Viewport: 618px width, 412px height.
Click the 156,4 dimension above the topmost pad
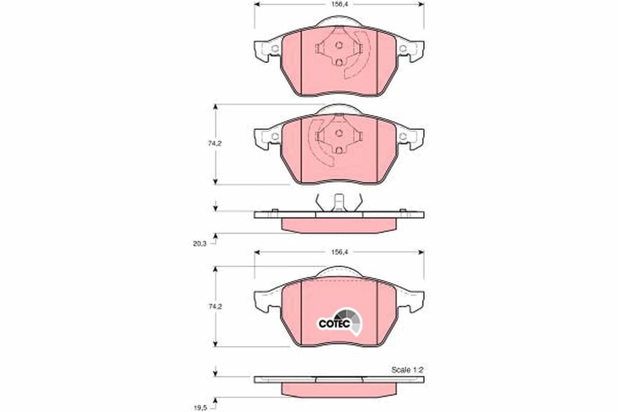(x=339, y=3)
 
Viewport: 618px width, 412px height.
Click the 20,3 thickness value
(x=200, y=243)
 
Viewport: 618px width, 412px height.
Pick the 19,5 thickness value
(x=200, y=407)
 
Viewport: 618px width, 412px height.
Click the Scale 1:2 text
(x=407, y=370)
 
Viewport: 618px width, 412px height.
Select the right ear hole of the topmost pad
(x=403, y=49)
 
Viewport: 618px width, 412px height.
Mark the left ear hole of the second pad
(x=275, y=136)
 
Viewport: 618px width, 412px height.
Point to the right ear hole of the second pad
(x=403, y=136)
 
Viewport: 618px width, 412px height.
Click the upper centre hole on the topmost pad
(x=339, y=45)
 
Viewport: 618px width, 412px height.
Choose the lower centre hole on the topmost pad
(x=339, y=62)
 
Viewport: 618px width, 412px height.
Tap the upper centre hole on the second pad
(x=339, y=133)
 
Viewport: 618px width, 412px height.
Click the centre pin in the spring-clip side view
(x=339, y=202)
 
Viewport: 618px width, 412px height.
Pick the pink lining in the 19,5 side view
(x=339, y=389)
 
